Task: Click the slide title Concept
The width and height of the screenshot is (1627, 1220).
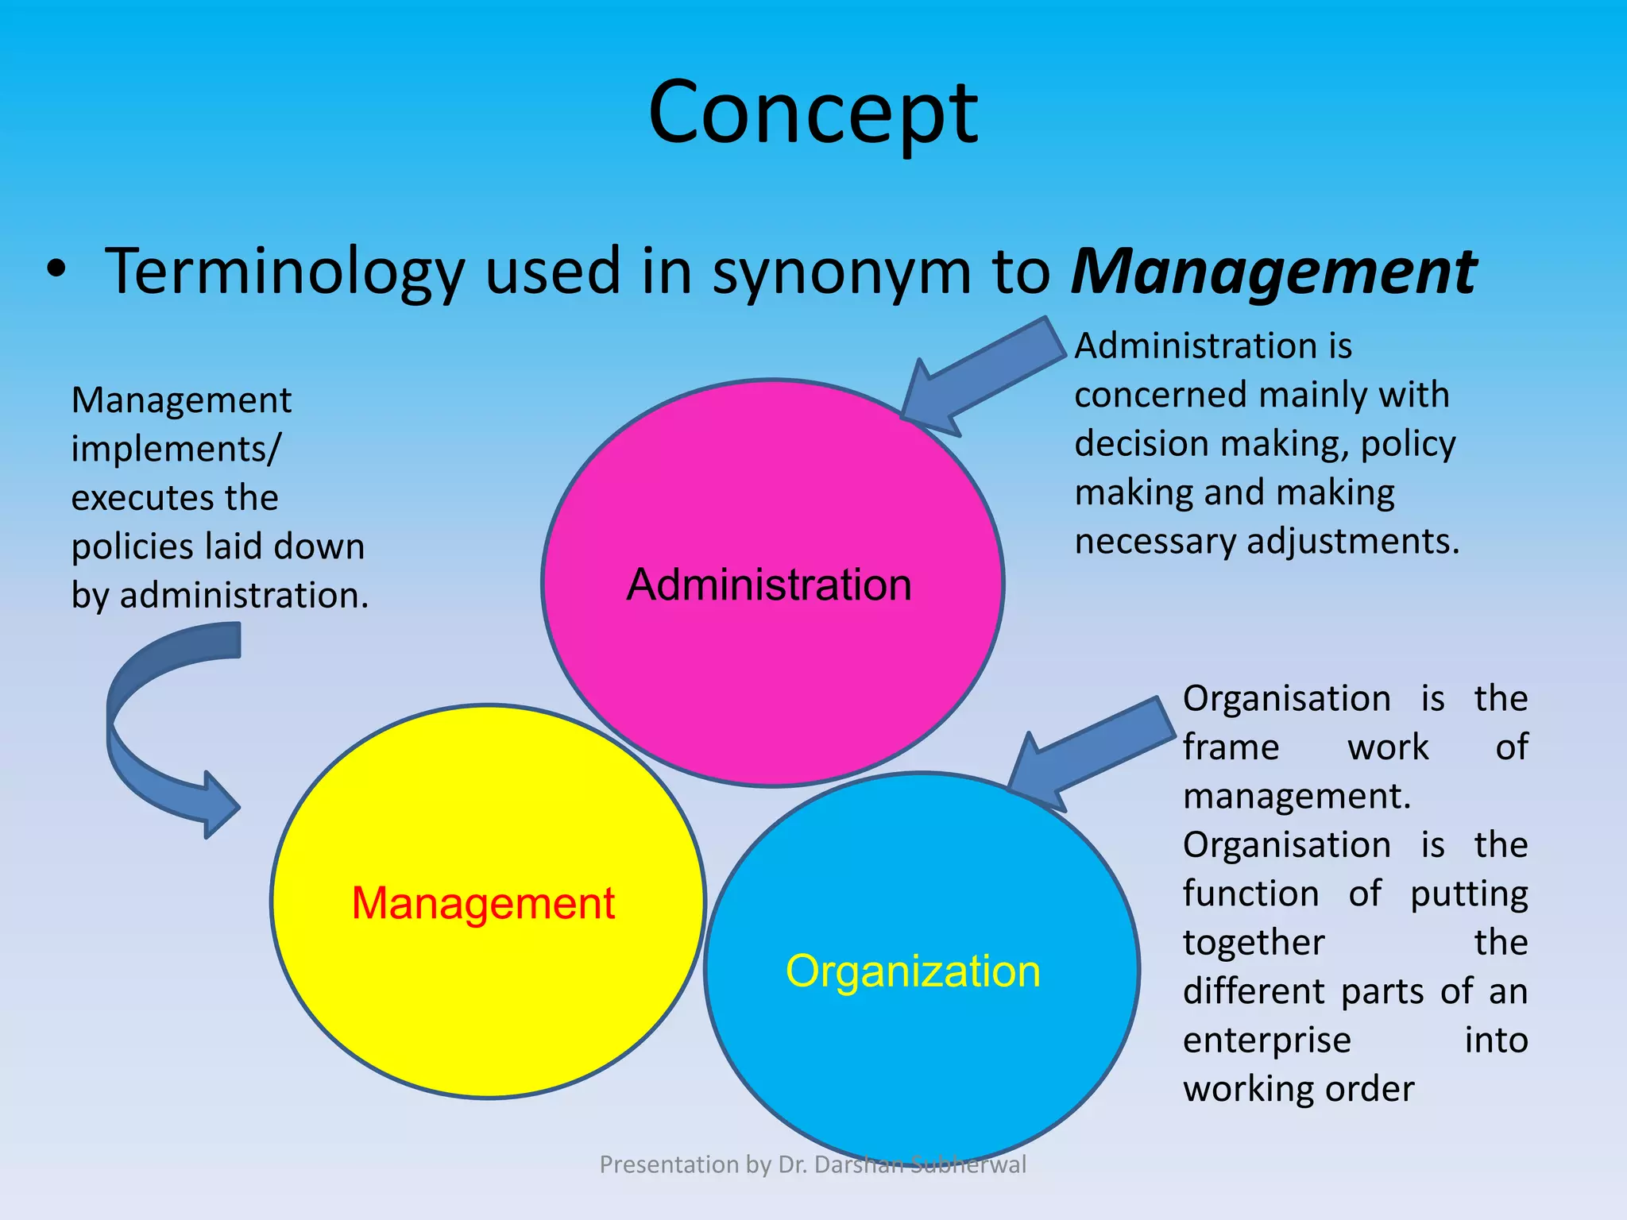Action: click(813, 113)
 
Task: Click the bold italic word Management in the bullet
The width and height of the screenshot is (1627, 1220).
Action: click(1273, 272)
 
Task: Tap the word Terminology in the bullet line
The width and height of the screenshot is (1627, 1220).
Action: click(284, 272)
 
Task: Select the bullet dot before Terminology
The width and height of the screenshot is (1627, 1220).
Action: click(55, 270)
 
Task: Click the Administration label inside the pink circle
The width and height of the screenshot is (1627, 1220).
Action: click(769, 585)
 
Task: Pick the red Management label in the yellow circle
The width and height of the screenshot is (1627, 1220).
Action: click(483, 903)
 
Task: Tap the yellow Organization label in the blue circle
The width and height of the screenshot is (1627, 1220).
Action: click(913, 971)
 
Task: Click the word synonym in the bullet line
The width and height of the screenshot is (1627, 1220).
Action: click(841, 272)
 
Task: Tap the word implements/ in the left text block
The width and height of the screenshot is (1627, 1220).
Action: click(176, 449)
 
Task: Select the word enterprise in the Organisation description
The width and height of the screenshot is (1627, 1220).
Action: click(1266, 1040)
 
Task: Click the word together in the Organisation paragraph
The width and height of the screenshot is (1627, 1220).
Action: click(1254, 943)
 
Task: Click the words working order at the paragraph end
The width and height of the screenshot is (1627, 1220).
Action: click(1298, 1089)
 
